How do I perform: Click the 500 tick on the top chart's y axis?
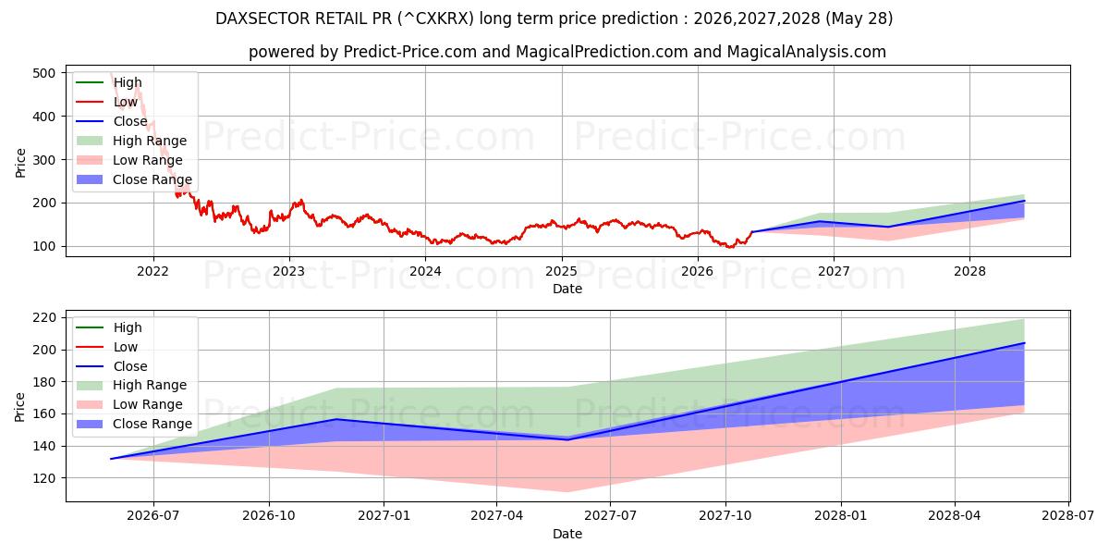pyautogui.click(x=43, y=73)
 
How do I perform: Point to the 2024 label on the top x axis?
pyautogui.click(x=425, y=272)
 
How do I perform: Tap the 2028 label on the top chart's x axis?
pyautogui.click(x=969, y=272)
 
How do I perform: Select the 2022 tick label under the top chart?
pyautogui.click(x=153, y=272)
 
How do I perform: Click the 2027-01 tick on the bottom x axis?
pyautogui.click(x=384, y=516)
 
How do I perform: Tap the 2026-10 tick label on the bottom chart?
pyautogui.click(x=269, y=516)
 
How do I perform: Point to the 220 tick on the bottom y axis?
pyautogui.click(x=43, y=317)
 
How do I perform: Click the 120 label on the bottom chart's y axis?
pyautogui.click(x=43, y=479)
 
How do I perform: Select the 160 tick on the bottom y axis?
pyautogui.click(x=43, y=413)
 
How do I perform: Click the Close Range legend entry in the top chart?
pyautogui.click(x=134, y=179)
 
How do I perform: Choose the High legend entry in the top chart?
pyautogui.click(x=109, y=82)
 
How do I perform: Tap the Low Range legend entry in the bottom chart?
pyautogui.click(x=129, y=404)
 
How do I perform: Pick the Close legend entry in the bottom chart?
pyautogui.click(x=112, y=366)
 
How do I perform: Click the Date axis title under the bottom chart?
pyautogui.click(x=567, y=534)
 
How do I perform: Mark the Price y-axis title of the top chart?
pyautogui.click(x=20, y=163)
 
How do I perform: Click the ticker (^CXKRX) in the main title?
pyautogui.click(x=435, y=18)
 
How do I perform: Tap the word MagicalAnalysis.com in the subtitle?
pyautogui.click(x=807, y=52)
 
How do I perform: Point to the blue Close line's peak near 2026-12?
pyautogui.click(x=336, y=419)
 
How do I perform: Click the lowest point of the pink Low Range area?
pyautogui.click(x=567, y=491)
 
